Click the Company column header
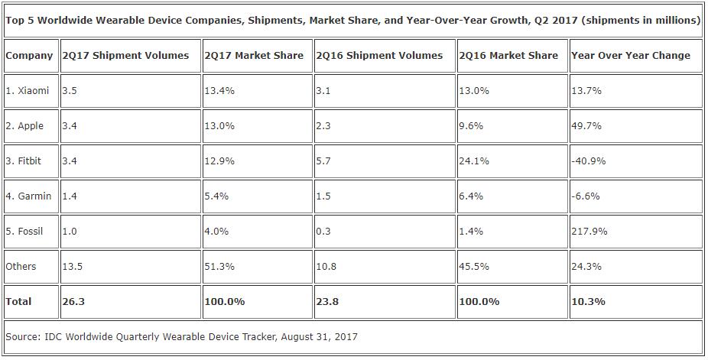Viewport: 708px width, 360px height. coord(29,55)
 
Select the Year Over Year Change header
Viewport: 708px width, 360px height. coord(631,55)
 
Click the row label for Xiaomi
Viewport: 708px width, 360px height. coord(28,90)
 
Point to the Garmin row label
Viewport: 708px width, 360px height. coord(28,196)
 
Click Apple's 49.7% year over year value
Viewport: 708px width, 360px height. coord(586,125)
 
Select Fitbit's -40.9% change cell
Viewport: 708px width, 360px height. coord(588,161)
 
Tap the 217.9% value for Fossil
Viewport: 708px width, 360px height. coord(589,231)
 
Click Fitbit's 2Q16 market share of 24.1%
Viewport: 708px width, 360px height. coord(475,161)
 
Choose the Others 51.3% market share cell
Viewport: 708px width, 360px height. coord(220,266)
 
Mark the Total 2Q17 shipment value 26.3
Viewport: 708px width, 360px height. coord(73,301)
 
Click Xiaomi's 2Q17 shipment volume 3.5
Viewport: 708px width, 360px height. coord(70,90)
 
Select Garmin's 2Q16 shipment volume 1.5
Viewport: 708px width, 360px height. coord(323,196)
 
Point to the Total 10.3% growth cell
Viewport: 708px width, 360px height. coord(589,301)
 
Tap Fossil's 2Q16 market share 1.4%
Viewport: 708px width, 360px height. coord(472,231)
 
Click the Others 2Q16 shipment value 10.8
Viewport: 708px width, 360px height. coord(326,266)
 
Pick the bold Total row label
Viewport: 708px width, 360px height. coord(19,301)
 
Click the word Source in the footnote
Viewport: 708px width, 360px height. coord(23,336)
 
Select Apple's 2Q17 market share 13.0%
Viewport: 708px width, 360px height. coord(220,125)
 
